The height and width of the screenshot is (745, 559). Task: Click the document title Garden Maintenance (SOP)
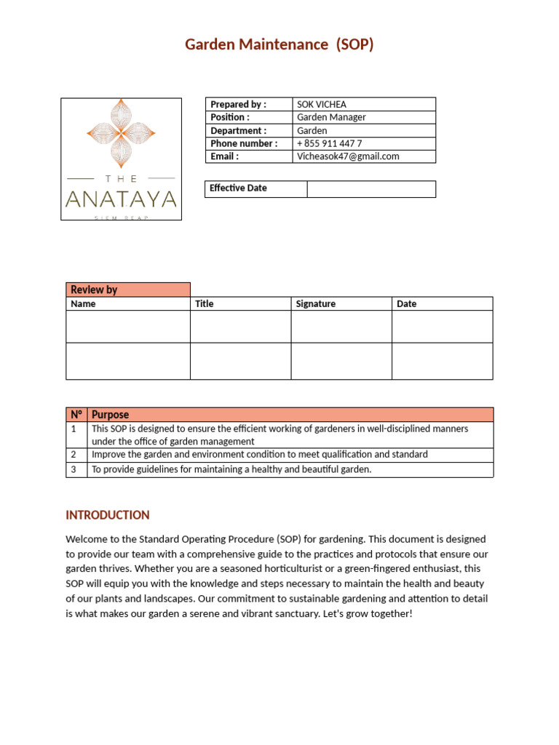(279, 45)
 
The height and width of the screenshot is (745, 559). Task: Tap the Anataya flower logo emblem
(121, 132)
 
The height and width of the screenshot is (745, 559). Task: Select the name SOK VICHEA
(322, 105)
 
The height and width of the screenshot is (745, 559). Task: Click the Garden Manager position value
(331, 117)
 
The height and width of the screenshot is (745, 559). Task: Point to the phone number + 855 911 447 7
(329, 143)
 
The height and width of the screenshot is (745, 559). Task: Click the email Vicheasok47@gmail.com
(348, 156)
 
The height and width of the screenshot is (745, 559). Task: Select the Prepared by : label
(238, 105)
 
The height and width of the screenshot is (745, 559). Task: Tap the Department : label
(238, 130)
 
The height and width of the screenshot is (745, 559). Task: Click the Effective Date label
(238, 188)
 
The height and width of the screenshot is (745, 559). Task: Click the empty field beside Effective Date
(371, 189)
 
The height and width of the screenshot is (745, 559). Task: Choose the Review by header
(94, 290)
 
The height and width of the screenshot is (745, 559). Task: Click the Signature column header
(316, 304)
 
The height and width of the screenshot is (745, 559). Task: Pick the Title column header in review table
(205, 304)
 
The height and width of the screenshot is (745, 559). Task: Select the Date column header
(406, 304)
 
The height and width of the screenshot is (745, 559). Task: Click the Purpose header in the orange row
(110, 415)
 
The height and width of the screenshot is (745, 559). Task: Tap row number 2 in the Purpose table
(74, 455)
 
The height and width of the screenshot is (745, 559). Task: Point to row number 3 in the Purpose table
(74, 470)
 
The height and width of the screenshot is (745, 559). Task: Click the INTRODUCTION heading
(108, 515)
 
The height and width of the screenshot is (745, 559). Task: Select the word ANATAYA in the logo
(121, 199)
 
